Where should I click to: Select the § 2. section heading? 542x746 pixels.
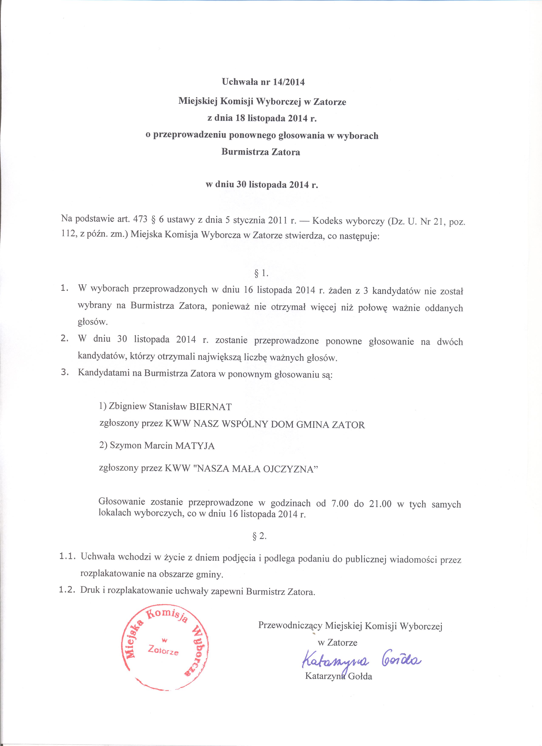[260, 536]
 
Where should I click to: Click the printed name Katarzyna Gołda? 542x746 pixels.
[339, 676]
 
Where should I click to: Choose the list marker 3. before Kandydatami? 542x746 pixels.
[65, 373]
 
